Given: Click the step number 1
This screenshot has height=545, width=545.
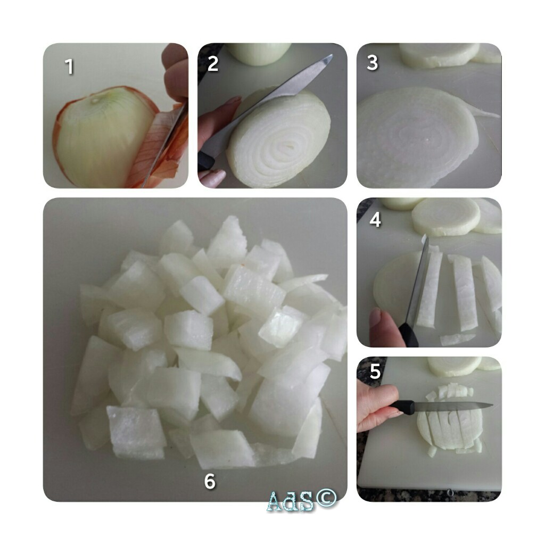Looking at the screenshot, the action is tap(70, 66).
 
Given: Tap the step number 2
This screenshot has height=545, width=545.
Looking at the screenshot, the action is tap(213, 63).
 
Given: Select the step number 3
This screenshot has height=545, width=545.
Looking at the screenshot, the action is tap(372, 63).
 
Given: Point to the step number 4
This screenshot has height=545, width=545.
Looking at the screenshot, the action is tap(375, 219).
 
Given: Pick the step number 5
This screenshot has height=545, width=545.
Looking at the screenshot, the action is tap(375, 371).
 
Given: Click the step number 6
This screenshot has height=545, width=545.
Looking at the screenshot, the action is tap(210, 481).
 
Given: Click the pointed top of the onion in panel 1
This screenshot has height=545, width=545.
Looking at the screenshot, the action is tap(95, 101).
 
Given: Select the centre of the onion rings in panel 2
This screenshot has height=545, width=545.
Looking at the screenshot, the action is tap(287, 148).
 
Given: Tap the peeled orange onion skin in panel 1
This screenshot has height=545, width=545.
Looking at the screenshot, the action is tap(162, 146).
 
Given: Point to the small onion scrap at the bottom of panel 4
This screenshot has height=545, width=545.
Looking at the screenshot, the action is tap(457, 339).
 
